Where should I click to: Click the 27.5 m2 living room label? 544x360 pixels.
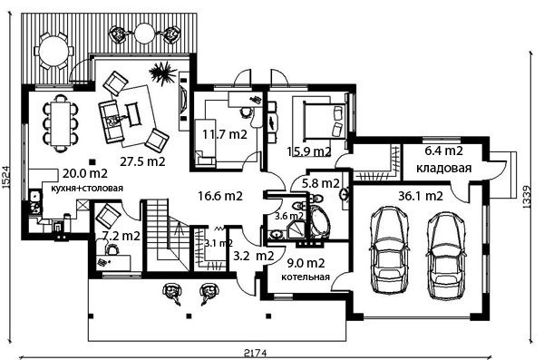142,161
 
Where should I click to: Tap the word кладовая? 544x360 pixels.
443,169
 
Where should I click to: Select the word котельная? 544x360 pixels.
306,277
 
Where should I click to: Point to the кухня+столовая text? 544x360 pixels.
87,188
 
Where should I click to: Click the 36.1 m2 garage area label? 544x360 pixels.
421,196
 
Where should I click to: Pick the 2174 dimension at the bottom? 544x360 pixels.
256,354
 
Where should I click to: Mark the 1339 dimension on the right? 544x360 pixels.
527,197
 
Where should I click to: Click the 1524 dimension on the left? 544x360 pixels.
6,177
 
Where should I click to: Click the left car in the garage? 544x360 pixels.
388,249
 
